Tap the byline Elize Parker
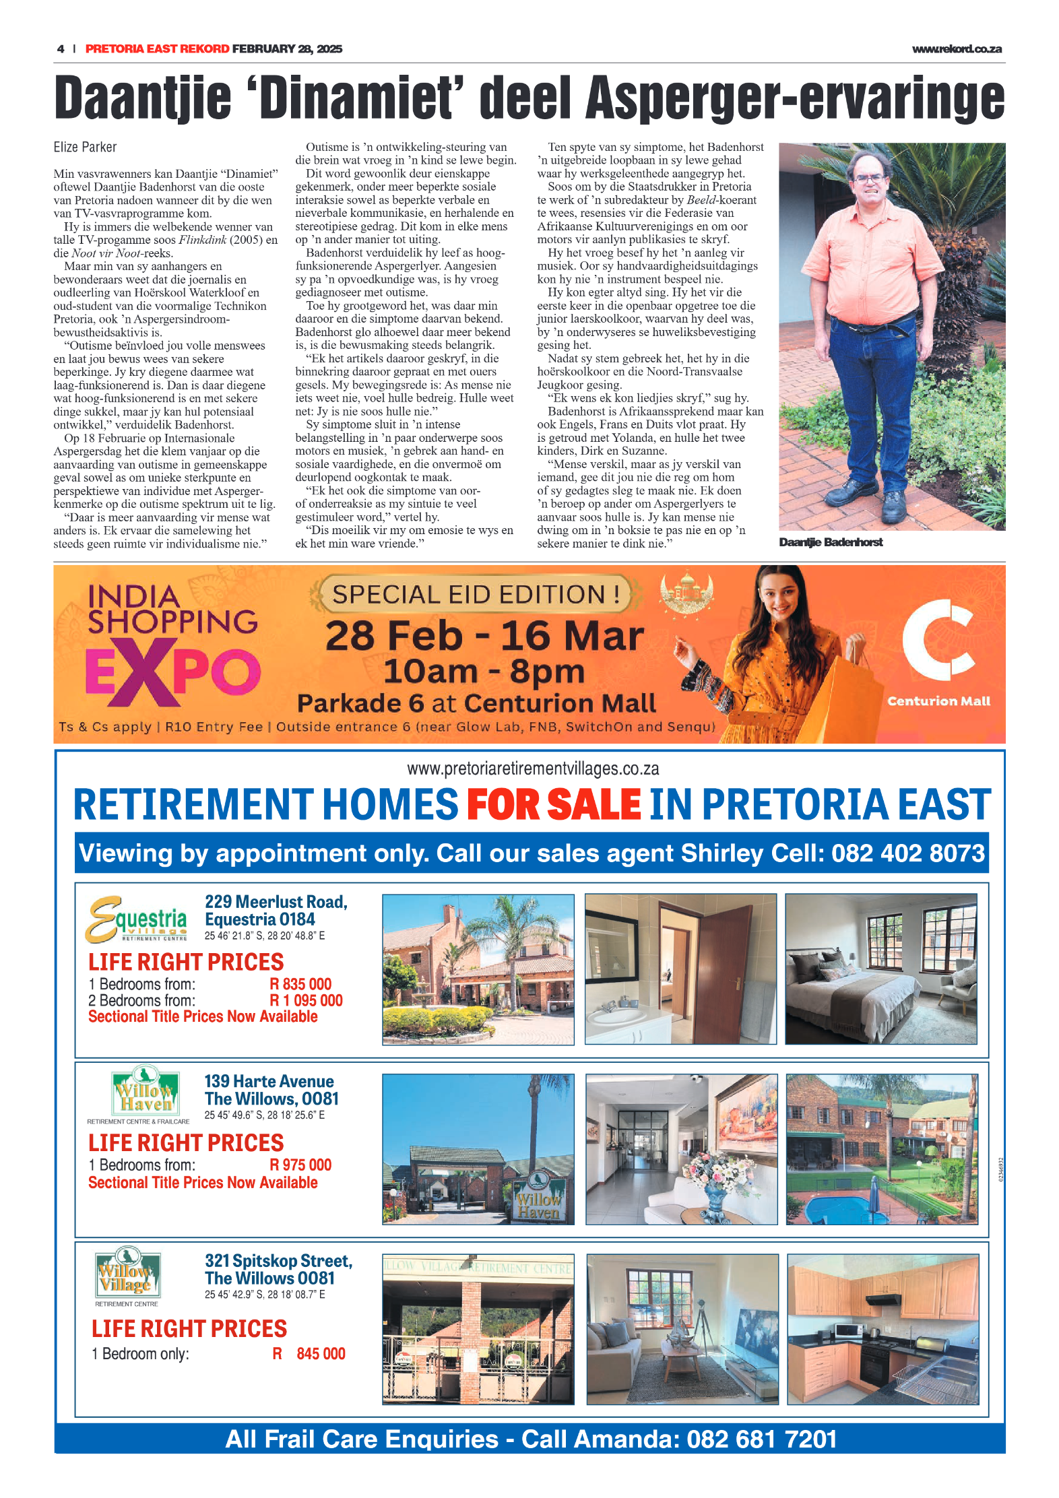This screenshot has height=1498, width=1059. [85, 147]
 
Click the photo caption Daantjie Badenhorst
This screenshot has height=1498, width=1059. [830, 542]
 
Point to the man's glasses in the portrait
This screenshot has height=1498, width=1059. [870, 179]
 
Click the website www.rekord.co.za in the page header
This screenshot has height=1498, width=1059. [956, 49]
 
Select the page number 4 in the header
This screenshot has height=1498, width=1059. [61, 49]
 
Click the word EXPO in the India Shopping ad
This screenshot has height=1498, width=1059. [172, 673]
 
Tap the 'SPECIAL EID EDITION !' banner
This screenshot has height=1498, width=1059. [476, 594]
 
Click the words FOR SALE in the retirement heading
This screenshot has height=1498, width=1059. [553, 804]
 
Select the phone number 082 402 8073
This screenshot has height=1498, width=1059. [907, 853]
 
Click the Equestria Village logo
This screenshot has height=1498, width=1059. [137, 919]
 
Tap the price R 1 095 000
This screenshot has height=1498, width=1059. [306, 1000]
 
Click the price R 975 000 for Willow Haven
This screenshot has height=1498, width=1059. [300, 1165]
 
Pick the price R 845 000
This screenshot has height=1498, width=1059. [309, 1353]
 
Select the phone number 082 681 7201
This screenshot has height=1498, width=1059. [761, 1439]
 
